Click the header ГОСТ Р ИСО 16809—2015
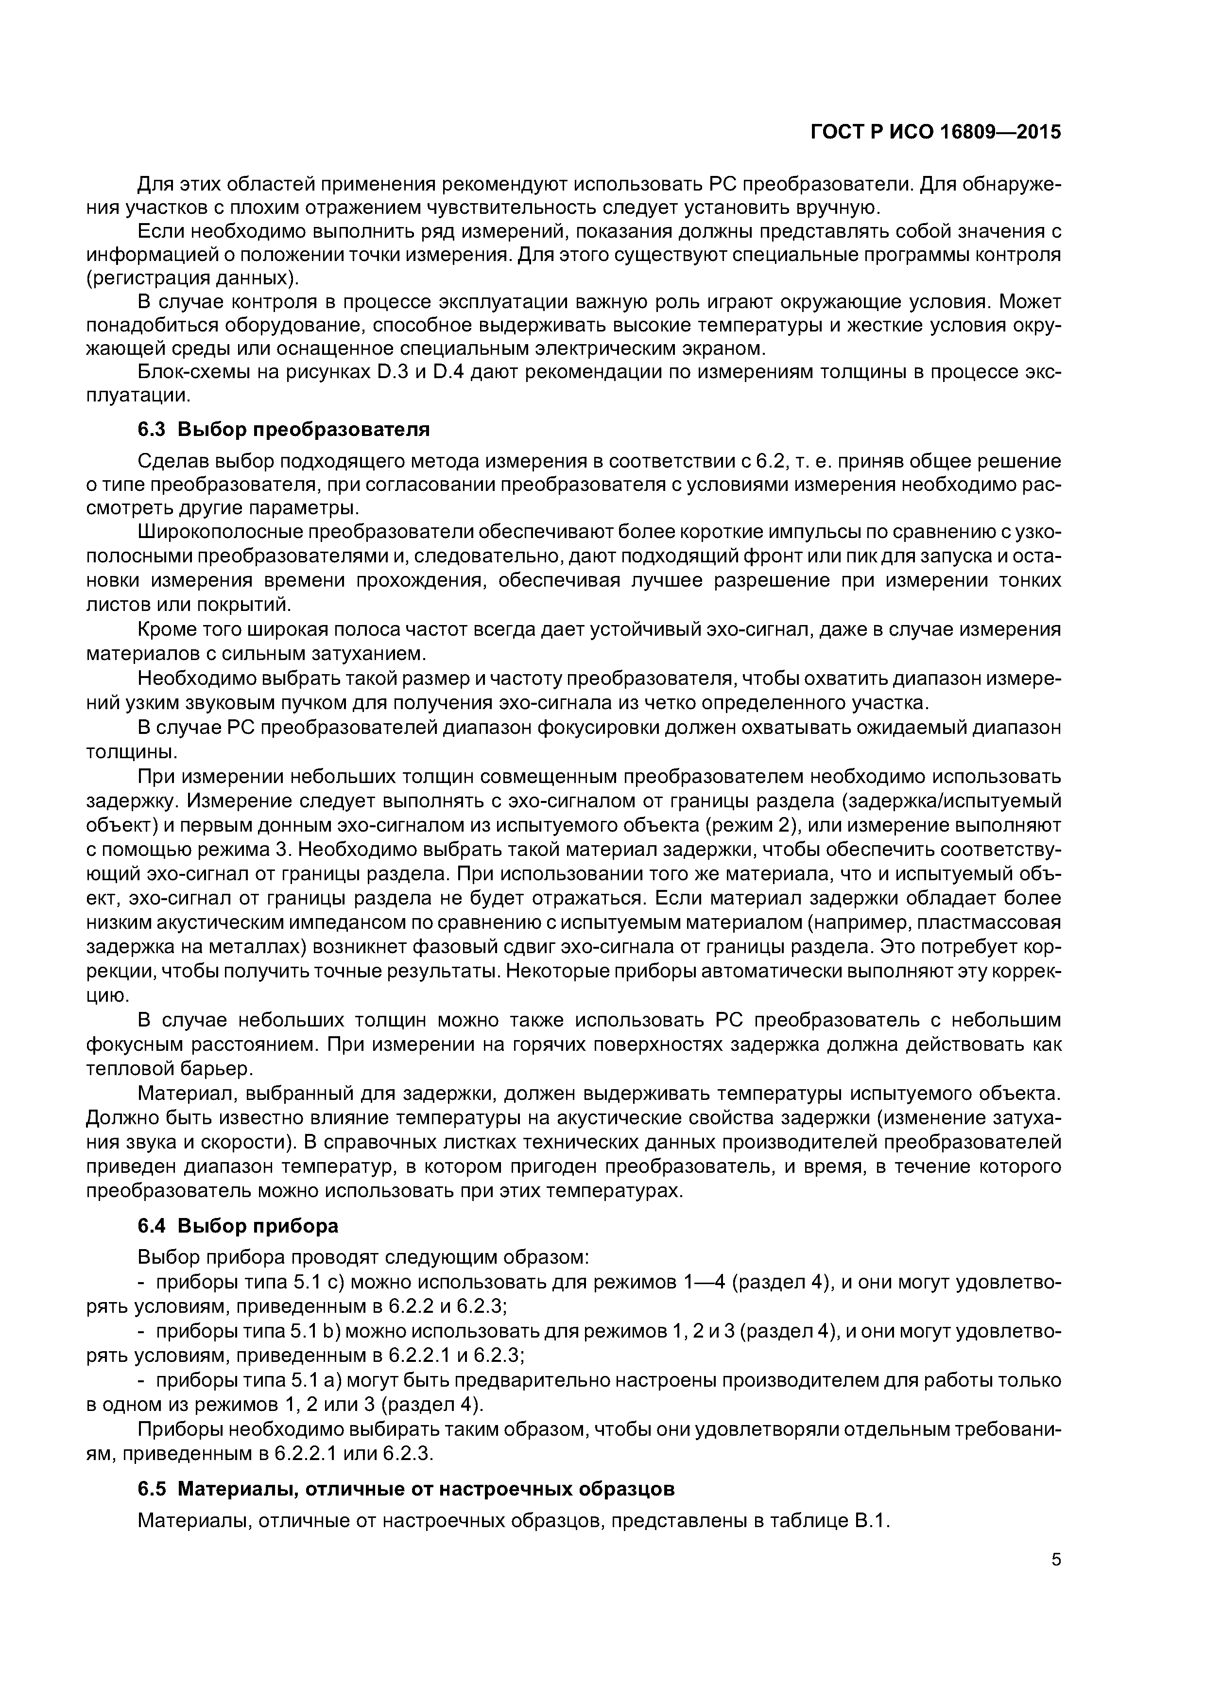[x=935, y=132]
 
